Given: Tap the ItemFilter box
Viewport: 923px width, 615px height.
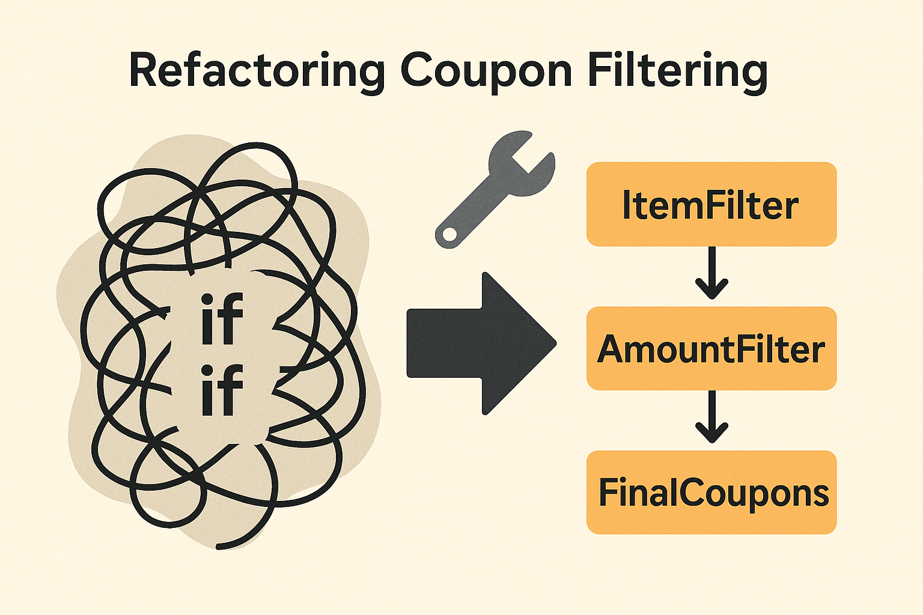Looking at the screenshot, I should coord(711,204).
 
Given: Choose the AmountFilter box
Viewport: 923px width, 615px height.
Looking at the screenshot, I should coord(711,348).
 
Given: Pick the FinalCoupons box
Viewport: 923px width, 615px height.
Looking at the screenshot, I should coord(711,492).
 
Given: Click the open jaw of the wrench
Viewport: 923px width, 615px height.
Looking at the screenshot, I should coord(531,153).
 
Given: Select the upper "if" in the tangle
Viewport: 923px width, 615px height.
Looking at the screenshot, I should coord(222,319).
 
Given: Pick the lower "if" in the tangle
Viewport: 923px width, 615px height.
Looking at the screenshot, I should coord(222,391).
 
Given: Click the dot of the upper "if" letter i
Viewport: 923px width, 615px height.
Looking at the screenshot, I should coord(207,299).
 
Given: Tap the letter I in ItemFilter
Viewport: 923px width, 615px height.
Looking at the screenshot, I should coord(627,205).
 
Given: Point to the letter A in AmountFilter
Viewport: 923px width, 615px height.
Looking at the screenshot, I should coord(612,350).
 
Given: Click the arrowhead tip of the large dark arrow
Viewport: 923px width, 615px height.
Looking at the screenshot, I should coord(554,344).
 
